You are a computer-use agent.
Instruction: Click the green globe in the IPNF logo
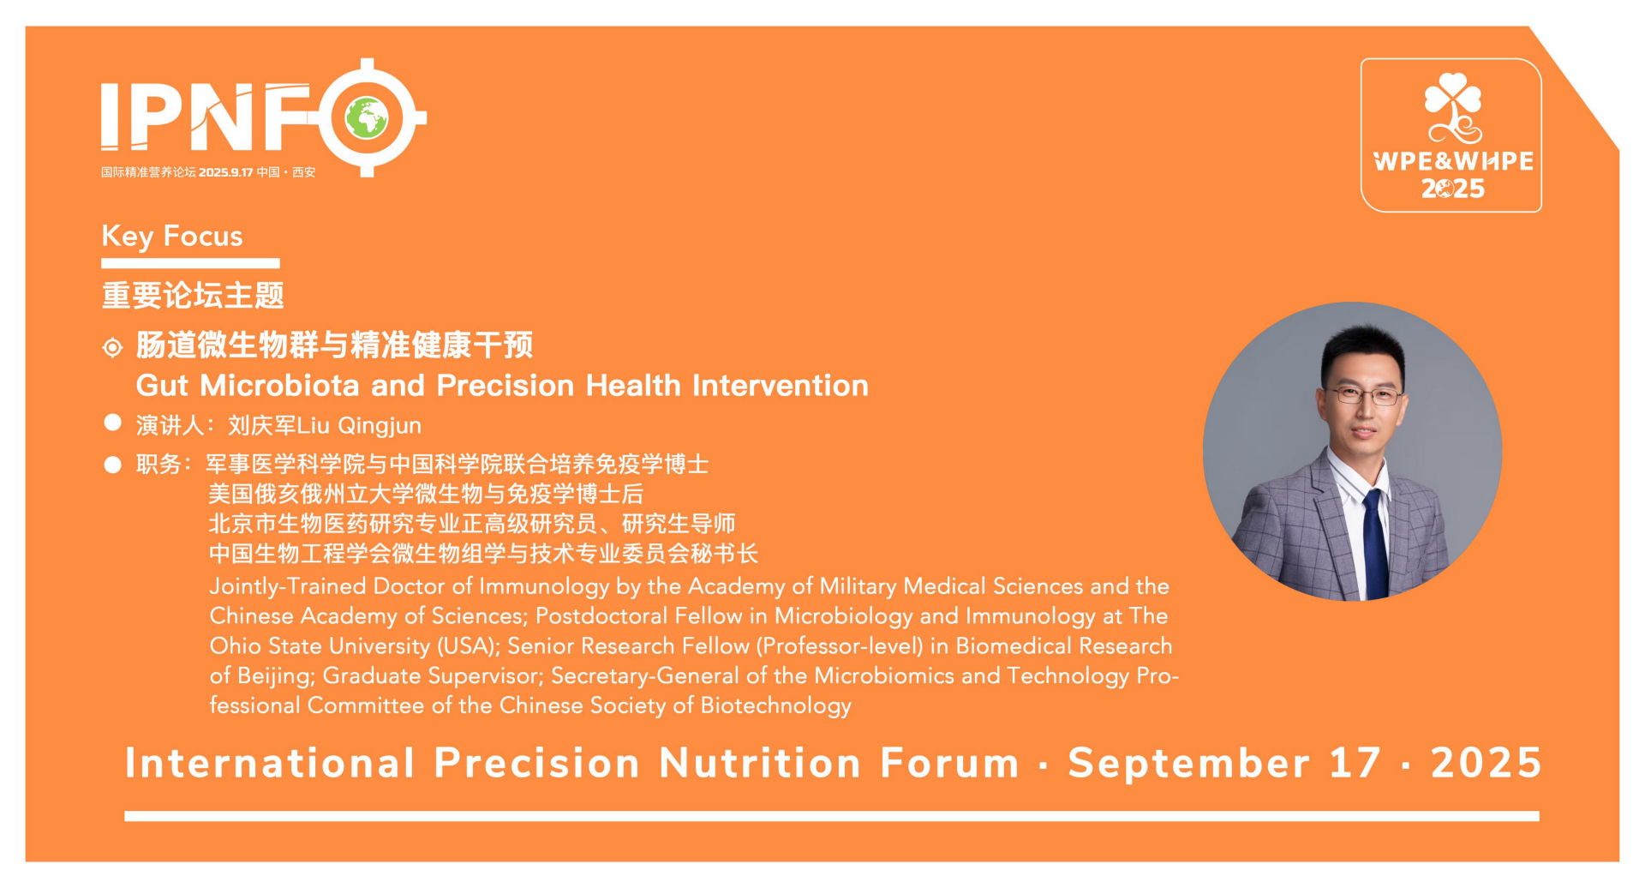click(367, 118)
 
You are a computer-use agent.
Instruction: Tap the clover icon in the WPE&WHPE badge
click(1452, 108)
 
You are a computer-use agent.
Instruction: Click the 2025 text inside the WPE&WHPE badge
click(1453, 189)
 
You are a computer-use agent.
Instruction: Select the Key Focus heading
click(172, 236)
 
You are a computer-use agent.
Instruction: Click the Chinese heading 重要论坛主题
click(193, 296)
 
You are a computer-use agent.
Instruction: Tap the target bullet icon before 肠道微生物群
click(112, 347)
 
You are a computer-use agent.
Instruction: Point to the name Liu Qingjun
click(359, 426)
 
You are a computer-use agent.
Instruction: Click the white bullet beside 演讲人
click(112, 423)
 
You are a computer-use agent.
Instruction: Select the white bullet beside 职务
click(112, 465)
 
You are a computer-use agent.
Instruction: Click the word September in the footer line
click(1189, 764)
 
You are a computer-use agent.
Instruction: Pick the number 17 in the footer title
click(1355, 764)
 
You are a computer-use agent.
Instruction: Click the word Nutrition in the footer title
click(760, 764)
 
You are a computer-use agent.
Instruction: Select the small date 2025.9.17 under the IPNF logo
click(226, 172)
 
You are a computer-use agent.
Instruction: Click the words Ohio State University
click(320, 646)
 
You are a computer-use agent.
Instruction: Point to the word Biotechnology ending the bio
click(776, 706)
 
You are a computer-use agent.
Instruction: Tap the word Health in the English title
click(633, 386)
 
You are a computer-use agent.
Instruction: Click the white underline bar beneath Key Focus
click(191, 263)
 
